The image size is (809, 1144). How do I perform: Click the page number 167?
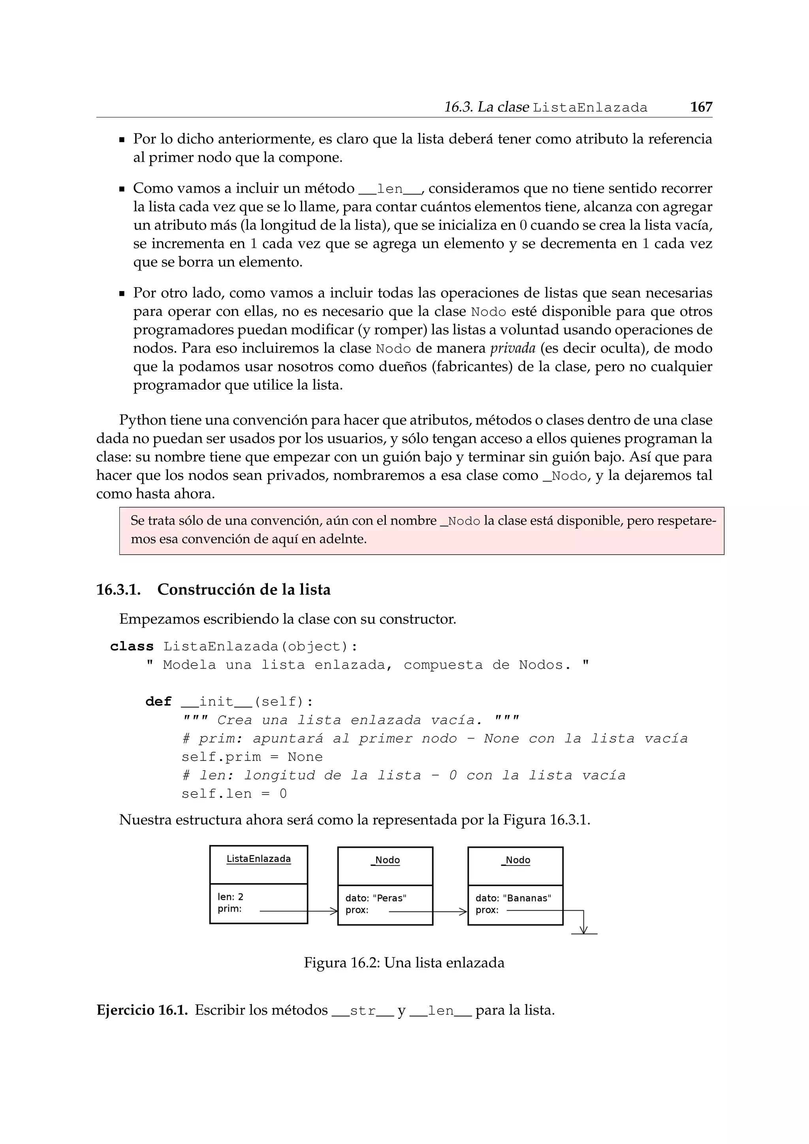[x=701, y=107]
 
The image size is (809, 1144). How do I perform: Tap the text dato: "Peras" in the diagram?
[x=376, y=898]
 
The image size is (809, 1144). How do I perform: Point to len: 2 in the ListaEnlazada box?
[x=230, y=897]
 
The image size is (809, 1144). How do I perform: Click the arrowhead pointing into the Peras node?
[x=334, y=911]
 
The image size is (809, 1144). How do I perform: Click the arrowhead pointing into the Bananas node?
[x=463, y=912]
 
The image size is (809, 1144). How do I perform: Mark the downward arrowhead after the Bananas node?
[x=584, y=930]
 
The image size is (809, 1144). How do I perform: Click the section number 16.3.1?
[x=119, y=590]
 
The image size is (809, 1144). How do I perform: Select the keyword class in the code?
[x=132, y=646]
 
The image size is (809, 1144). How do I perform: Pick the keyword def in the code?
[x=158, y=702]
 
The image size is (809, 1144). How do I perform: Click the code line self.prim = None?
[x=252, y=757]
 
